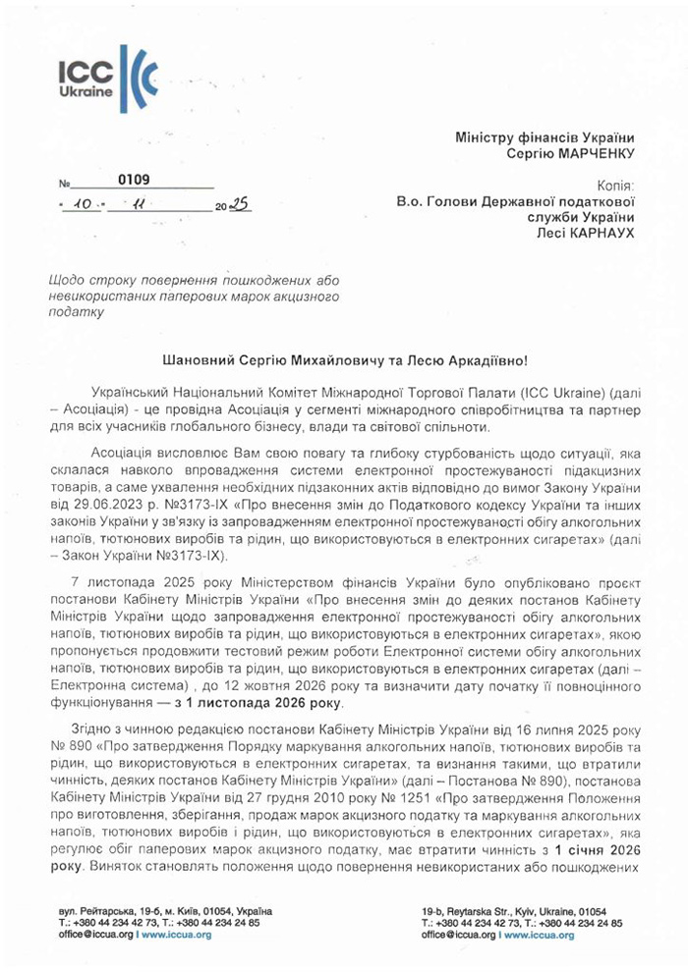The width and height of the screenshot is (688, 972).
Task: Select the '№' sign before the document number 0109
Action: tap(65, 184)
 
